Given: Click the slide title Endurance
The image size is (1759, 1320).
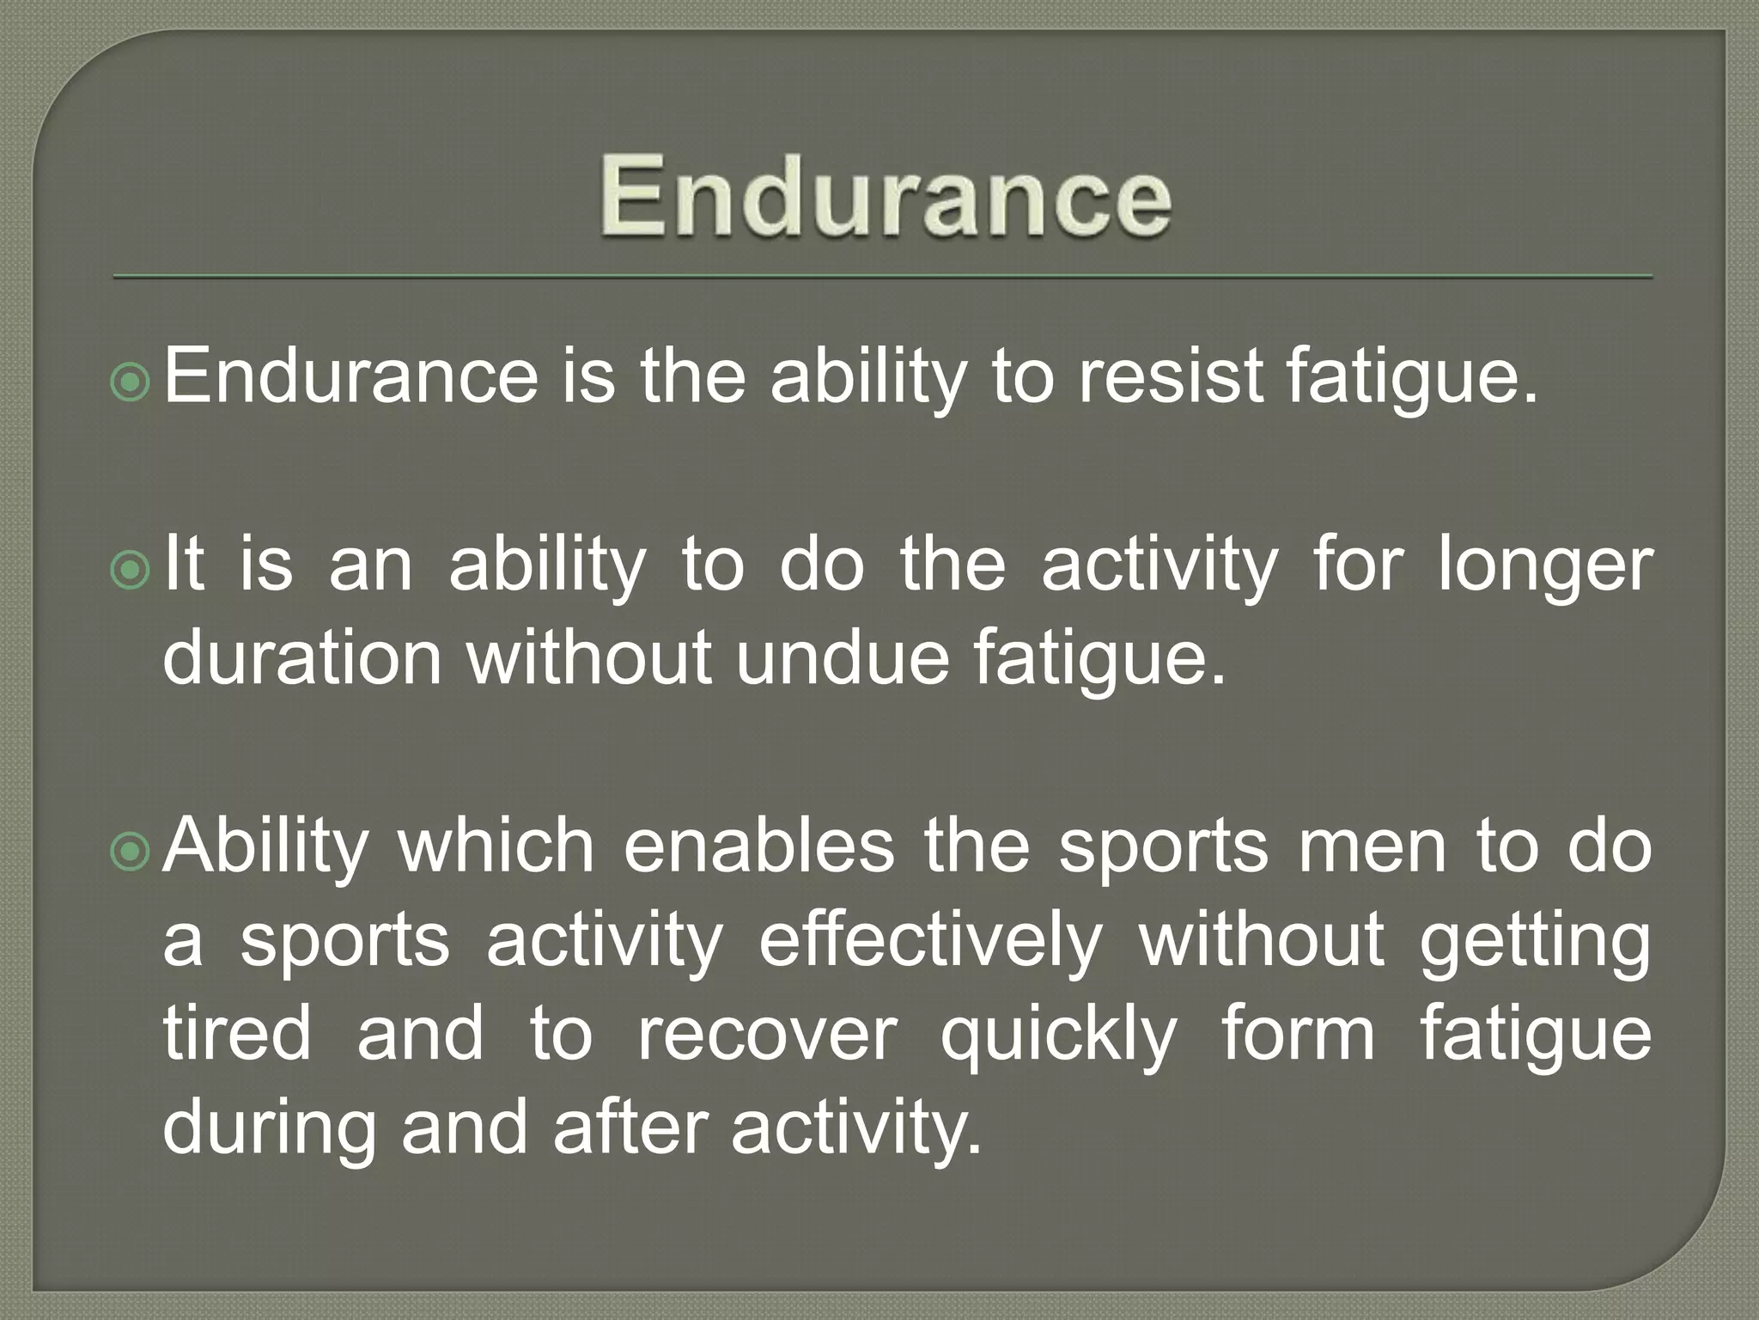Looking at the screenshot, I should pyautogui.click(x=885, y=197).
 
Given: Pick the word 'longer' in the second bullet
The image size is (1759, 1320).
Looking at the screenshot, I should pyautogui.click(x=1546, y=567).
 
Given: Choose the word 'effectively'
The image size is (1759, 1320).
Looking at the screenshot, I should pyautogui.click(x=930, y=941).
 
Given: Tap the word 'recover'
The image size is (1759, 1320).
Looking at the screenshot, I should pyautogui.click(x=767, y=1036).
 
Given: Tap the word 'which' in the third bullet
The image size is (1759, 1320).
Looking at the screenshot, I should pyautogui.click(x=496, y=846).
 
